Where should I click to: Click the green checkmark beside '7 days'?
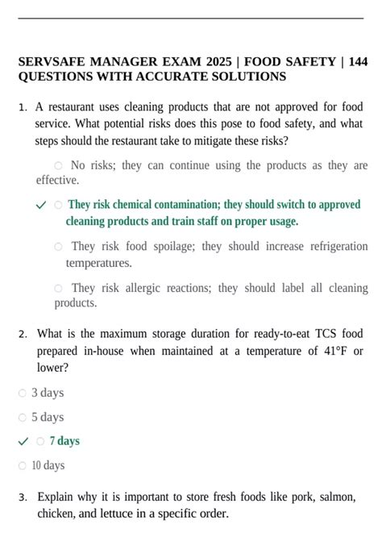[x=23, y=441]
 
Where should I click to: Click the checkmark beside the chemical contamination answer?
[x=41, y=206]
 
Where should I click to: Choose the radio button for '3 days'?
[x=23, y=393]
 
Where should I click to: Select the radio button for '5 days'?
[x=23, y=418]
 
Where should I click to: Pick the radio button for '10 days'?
[x=23, y=466]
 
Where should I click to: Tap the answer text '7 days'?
[x=64, y=441]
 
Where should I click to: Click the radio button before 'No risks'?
[x=58, y=165]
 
